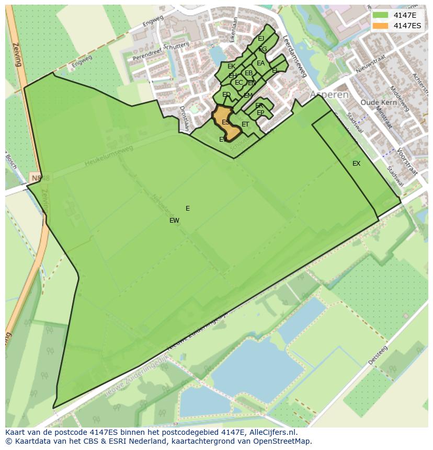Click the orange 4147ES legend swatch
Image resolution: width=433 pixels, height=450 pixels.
381,26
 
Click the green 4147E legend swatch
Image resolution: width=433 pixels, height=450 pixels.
381,15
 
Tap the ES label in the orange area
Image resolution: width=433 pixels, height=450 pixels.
225,122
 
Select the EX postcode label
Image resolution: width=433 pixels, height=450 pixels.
356,164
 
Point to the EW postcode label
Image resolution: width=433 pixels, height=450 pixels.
174,221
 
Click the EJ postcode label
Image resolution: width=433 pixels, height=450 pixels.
261,39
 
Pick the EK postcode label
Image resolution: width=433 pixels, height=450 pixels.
231,66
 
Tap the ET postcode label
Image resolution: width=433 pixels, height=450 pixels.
245,124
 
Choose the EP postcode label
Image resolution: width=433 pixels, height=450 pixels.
260,113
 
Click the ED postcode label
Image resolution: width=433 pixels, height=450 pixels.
226,95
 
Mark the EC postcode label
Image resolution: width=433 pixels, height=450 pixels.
238,83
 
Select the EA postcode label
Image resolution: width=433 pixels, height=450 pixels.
260,64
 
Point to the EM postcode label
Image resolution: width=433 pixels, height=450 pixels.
248,96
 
